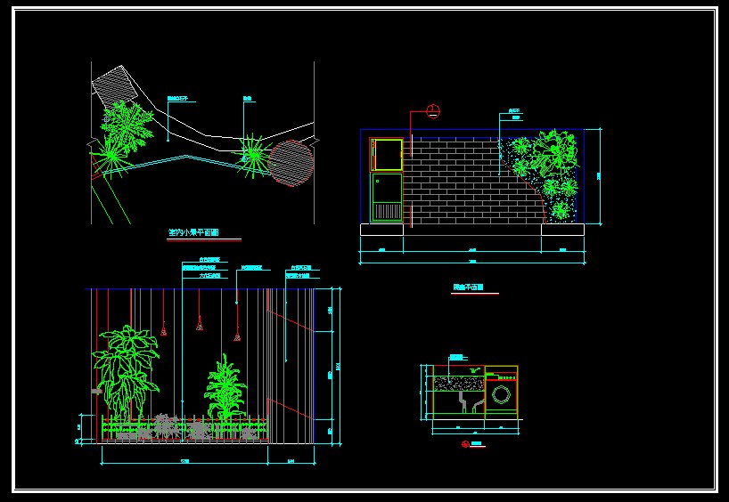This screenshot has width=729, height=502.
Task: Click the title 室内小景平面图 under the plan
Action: click(x=193, y=232)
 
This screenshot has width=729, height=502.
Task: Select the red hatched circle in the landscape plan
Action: click(x=291, y=162)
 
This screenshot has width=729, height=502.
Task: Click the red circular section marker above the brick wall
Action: click(x=433, y=111)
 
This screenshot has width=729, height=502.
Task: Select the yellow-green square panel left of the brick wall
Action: click(x=388, y=154)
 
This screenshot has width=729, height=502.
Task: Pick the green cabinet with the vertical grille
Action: click(x=387, y=198)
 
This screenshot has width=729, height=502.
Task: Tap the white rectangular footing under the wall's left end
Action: click(x=381, y=230)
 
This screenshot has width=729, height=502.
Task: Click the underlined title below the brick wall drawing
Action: click(x=469, y=288)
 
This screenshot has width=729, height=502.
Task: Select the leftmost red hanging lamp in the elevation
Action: click(x=164, y=332)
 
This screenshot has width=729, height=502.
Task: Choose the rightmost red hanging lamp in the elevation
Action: click(x=237, y=336)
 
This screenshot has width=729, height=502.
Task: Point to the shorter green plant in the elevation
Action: click(x=225, y=388)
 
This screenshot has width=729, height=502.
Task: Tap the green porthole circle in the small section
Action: click(x=504, y=394)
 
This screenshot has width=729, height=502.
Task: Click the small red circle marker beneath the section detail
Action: click(x=465, y=443)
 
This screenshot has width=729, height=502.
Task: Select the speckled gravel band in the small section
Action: click(x=458, y=384)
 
